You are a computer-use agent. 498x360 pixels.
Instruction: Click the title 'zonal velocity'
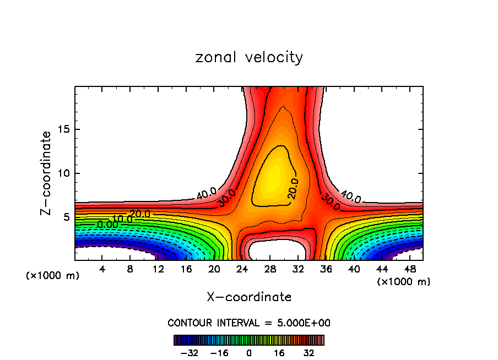pyautogui.click(x=249, y=57)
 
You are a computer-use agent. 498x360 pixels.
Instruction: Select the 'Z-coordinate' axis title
pyautogui.click(x=47, y=173)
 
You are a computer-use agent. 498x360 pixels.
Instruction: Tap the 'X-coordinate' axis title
pyautogui.click(x=249, y=297)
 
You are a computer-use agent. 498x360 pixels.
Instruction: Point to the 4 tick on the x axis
pyautogui.click(x=102, y=269)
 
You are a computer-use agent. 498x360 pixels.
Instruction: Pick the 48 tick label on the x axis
pyautogui.click(x=410, y=269)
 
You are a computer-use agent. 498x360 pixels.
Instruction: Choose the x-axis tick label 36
pyautogui.click(x=326, y=269)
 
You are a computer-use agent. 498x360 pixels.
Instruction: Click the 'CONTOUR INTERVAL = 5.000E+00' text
pyautogui.click(x=249, y=323)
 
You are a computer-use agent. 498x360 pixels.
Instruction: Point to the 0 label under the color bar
pyautogui.click(x=249, y=352)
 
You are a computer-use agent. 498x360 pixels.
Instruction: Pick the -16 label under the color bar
pyautogui.click(x=219, y=352)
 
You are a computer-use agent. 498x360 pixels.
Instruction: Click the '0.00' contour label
pyautogui.click(x=107, y=224)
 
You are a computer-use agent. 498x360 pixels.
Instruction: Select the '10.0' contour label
pyautogui.click(x=122, y=219)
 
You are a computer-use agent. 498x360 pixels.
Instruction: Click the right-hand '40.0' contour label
pyautogui.click(x=350, y=196)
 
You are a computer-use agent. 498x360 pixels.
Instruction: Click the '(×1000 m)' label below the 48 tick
pyautogui.click(x=404, y=281)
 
